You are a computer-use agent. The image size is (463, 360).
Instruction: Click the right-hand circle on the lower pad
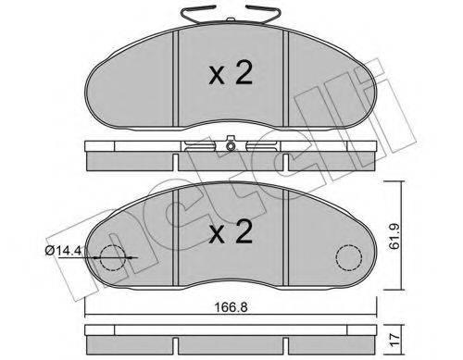[347, 257]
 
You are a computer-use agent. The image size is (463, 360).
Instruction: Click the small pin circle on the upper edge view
[228, 144]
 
